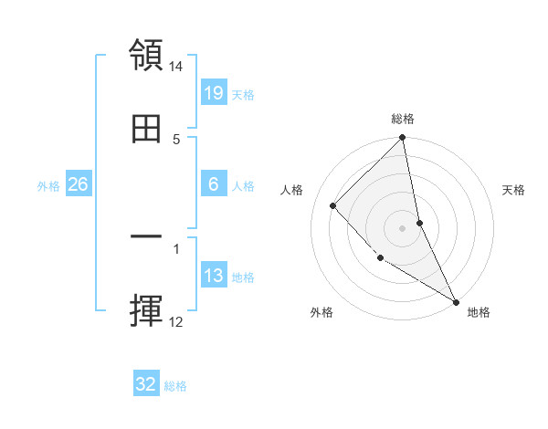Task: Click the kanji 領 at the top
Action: click(147, 55)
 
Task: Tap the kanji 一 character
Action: click(147, 238)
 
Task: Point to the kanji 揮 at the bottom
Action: click(147, 310)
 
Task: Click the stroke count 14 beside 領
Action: click(176, 68)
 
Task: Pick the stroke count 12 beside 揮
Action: click(176, 322)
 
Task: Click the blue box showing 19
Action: click(214, 93)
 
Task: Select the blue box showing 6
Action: click(214, 184)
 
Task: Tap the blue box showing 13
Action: click(214, 276)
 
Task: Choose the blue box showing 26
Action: click(78, 184)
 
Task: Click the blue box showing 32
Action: click(146, 384)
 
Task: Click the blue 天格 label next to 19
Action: click(243, 95)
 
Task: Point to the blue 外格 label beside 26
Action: click(48, 186)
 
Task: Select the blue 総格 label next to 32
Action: click(175, 386)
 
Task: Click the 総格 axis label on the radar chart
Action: click(403, 119)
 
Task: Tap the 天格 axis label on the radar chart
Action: click(514, 191)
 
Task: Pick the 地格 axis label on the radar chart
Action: click(479, 312)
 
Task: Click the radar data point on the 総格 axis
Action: click(403, 139)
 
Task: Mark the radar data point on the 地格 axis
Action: click(456, 301)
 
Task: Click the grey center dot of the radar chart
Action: click(403, 227)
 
